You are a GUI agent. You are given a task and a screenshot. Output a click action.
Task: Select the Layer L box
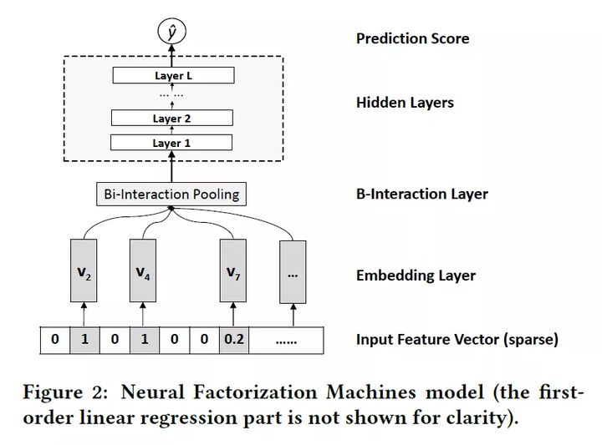pyautogui.click(x=172, y=76)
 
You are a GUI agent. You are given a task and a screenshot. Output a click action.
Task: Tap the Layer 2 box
pyautogui.click(x=172, y=119)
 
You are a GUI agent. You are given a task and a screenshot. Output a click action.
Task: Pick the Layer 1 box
pyautogui.click(x=172, y=143)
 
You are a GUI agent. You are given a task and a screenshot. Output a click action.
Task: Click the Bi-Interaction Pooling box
pyautogui.click(x=172, y=195)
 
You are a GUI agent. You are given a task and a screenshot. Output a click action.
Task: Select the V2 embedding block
pyautogui.click(x=84, y=271)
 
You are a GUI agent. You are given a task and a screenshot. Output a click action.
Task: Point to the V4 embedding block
pyautogui.click(x=143, y=271)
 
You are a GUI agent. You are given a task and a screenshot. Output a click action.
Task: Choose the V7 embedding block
pyautogui.click(x=233, y=271)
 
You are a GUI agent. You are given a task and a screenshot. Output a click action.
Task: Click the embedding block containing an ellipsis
pyautogui.click(x=293, y=271)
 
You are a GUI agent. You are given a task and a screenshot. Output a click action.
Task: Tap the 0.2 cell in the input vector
pyautogui.click(x=233, y=340)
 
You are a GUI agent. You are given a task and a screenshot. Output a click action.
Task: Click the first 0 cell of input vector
pyautogui.click(x=54, y=340)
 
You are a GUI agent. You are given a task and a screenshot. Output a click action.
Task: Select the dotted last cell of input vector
pyautogui.click(x=287, y=340)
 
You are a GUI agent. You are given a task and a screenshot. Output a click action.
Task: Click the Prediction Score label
pyautogui.click(x=412, y=38)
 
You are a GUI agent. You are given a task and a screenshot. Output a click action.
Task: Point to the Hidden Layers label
pyautogui.click(x=405, y=103)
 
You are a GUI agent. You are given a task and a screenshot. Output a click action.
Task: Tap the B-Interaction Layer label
pyautogui.click(x=421, y=194)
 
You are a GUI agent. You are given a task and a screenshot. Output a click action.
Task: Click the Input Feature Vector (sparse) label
pyautogui.click(x=457, y=339)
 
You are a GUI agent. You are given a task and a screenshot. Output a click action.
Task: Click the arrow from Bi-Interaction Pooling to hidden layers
pyautogui.click(x=172, y=170)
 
